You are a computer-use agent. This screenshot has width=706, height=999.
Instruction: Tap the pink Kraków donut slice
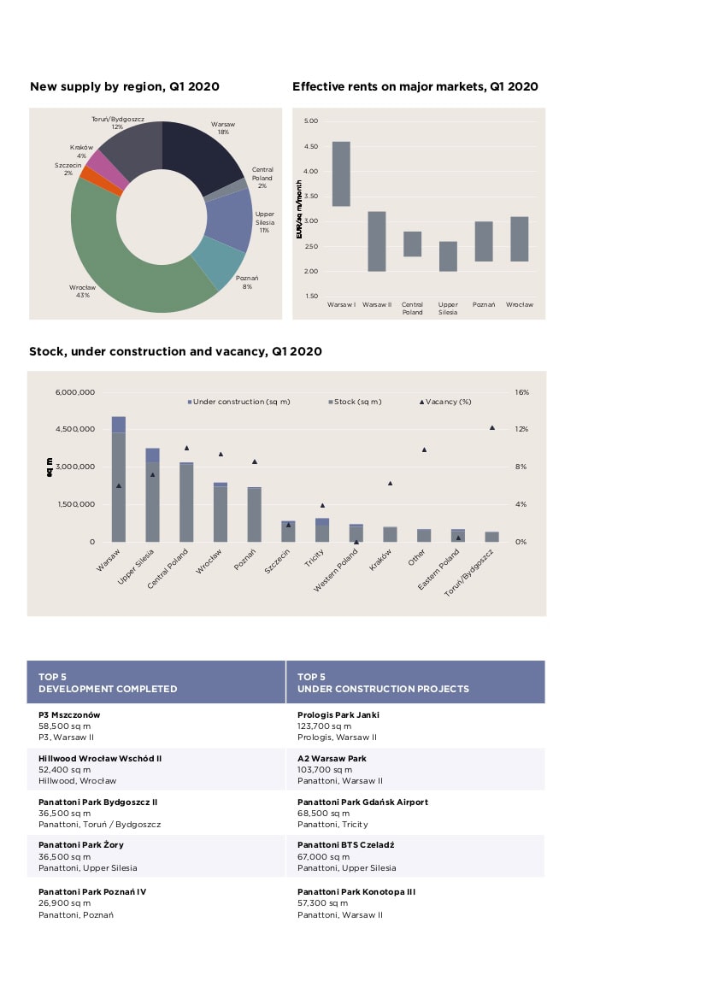[x=107, y=167]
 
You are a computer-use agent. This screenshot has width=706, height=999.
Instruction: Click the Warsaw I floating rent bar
[x=341, y=174]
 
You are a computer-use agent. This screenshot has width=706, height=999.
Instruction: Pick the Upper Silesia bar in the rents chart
[x=448, y=256]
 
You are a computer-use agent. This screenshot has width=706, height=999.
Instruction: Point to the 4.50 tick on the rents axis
[x=311, y=146]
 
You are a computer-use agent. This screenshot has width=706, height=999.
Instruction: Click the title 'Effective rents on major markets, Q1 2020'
[x=415, y=86]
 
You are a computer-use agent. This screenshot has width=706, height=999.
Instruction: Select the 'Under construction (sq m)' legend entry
[x=239, y=402]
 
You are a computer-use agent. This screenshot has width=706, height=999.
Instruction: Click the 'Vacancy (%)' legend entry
[x=445, y=402]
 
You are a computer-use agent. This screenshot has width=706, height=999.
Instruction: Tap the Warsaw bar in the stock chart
[x=119, y=479]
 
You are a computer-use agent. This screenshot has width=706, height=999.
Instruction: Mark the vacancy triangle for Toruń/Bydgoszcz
[x=492, y=427]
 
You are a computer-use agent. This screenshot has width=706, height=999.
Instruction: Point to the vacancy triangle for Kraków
[x=390, y=484]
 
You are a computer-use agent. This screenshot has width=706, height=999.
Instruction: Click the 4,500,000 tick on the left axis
[x=75, y=429]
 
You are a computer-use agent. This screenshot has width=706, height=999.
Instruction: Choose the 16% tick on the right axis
[x=522, y=392]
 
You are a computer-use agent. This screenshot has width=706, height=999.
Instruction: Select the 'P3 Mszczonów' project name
[x=69, y=714]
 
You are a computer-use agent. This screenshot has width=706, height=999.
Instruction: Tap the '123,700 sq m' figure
[x=324, y=726]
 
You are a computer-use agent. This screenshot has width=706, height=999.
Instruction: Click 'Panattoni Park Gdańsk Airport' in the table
[x=362, y=802]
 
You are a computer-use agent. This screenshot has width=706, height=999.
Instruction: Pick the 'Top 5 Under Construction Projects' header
[x=383, y=683]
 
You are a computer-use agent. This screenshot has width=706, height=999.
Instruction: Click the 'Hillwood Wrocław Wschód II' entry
[x=100, y=759]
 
